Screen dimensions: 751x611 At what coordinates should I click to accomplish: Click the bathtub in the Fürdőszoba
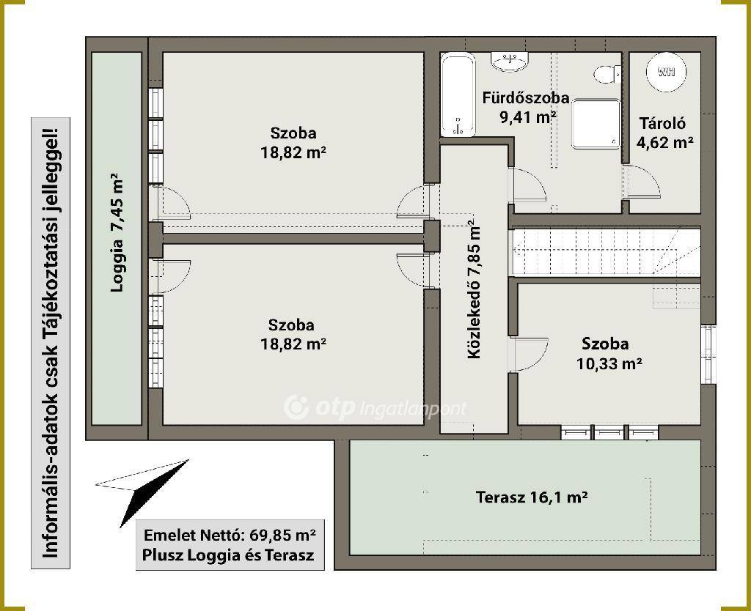point(458,95)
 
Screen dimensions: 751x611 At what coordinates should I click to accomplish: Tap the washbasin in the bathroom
point(510,62)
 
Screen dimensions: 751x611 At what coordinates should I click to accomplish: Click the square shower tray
point(596,124)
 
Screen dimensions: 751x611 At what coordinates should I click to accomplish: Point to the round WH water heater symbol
point(666,72)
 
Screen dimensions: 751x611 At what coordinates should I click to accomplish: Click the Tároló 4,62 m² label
point(664,133)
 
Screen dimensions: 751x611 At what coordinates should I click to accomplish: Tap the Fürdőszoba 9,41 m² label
point(526,107)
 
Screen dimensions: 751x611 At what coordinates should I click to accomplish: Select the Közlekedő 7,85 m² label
point(474,289)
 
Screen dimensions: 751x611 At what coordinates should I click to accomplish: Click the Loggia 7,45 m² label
point(117,232)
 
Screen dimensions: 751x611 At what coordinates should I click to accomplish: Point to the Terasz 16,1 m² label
point(532,497)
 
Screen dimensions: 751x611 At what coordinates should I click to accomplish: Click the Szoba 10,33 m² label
point(609,354)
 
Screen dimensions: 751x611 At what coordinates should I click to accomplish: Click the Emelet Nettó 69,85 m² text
point(230,535)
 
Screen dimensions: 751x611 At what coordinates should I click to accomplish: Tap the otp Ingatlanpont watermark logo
point(375,407)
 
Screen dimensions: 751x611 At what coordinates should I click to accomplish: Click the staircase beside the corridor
point(607,252)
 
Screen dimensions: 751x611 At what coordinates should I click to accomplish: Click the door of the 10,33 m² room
point(530,355)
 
